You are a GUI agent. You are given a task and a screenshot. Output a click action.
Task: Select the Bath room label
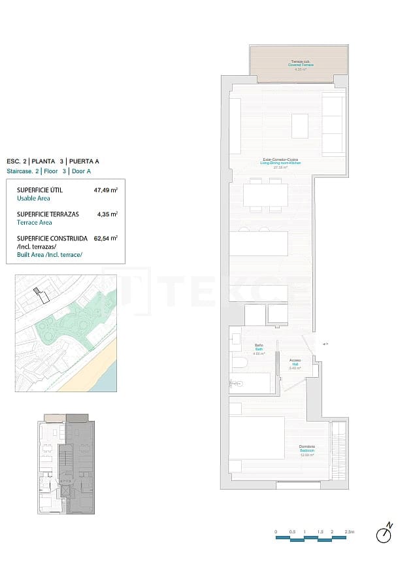click(x=258, y=348)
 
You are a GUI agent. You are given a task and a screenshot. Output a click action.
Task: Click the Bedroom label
click(x=307, y=452)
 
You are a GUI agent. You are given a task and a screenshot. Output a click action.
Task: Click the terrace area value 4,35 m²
click(x=107, y=214)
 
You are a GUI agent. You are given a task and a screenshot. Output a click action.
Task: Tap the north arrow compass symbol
click(x=384, y=534)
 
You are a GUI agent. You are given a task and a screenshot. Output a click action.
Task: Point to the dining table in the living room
click(x=265, y=195)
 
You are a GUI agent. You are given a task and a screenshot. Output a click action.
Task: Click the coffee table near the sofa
click(x=300, y=126)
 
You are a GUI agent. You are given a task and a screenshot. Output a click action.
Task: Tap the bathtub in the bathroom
click(x=251, y=383)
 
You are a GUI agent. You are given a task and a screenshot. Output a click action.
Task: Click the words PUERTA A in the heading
click(x=85, y=161)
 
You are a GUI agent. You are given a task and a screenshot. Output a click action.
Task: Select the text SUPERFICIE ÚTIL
click(x=39, y=191)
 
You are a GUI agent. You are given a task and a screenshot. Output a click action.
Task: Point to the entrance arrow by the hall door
click(x=325, y=343)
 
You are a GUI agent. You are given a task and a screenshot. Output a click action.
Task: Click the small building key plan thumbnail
click(x=66, y=463)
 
